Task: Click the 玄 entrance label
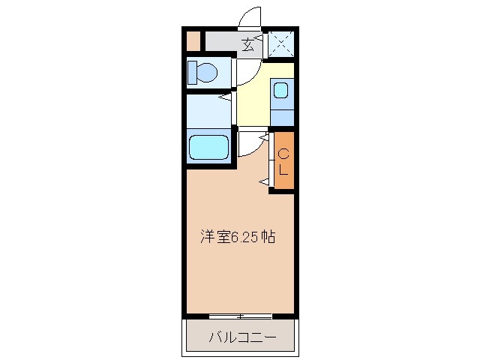(x=248, y=43)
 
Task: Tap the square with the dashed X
(x=280, y=43)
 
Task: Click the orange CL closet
(x=283, y=160)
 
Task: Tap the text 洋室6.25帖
(x=236, y=237)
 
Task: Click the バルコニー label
(x=241, y=337)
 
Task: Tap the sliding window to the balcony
(x=240, y=315)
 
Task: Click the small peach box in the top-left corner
(x=193, y=40)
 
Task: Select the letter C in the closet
(x=283, y=154)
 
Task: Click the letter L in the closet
(x=283, y=169)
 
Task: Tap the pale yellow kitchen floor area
(x=252, y=101)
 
